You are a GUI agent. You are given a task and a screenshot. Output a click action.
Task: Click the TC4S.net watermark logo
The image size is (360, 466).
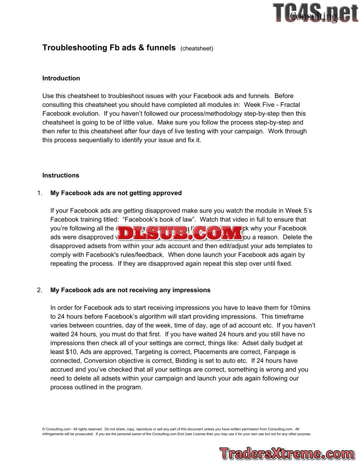pyautogui.click(x=315, y=12)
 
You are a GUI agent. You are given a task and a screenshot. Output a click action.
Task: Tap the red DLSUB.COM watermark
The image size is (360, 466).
pyautogui.click(x=181, y=233)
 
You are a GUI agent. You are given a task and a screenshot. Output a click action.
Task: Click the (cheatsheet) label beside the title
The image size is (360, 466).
pyautogui.click(x=197, y=49)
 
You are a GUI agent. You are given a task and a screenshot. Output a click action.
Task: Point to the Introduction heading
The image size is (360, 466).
pyautogui.click(x=61, y=78)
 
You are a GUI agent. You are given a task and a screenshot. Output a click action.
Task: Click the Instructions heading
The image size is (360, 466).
pyautogui.click(x=61, y=175)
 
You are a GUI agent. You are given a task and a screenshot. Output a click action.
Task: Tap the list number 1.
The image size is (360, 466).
pyautogui.click(x=40, y=193)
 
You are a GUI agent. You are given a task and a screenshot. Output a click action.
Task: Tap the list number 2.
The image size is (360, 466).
pyautogui.click(x=40, y=290)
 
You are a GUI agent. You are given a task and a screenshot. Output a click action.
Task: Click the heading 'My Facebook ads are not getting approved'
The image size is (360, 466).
pyautogui.click(x=116, y=193)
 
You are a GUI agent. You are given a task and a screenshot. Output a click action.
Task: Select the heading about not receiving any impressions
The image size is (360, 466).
pyautogui.click(x=130, y=290)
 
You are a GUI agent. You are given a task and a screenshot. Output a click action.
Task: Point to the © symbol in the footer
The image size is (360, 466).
pyautogui.click(x=44, y=429)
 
